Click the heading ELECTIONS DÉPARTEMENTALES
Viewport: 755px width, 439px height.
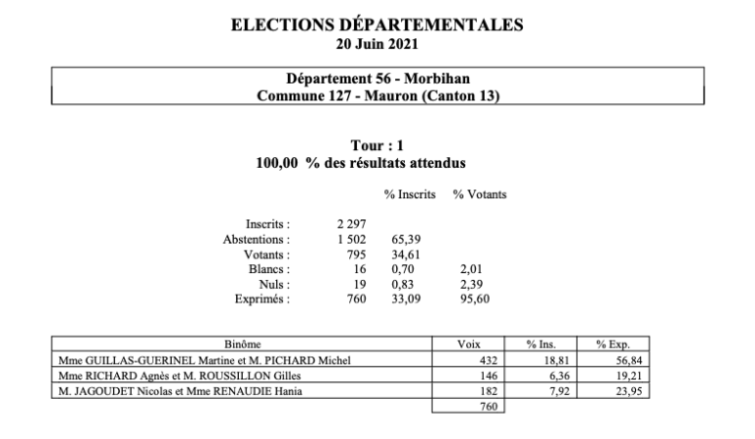pos(377,26)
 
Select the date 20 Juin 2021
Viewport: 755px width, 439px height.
pos(377,43)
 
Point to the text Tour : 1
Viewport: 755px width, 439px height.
pos(377,145)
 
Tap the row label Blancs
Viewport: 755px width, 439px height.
pos(269,270)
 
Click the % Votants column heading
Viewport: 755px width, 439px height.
pos(479,195)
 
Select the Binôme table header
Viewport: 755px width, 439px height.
pos(243,346)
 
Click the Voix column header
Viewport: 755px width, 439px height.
pos(468,346)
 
